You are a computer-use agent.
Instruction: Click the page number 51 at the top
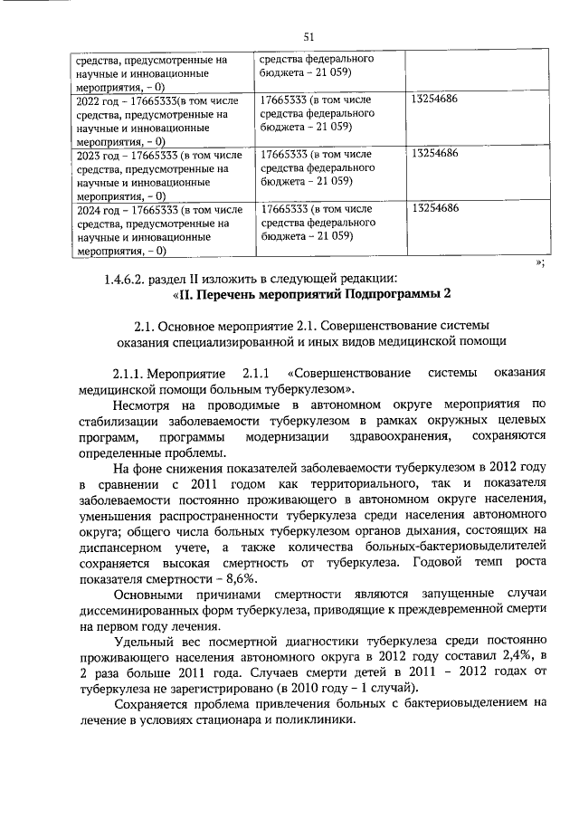pyautogui.click(x=308, y=36)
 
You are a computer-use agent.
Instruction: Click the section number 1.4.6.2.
pyautogui.click(x=131, y=278)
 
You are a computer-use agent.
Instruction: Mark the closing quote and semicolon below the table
pyautogui.click(x=539, y=262)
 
